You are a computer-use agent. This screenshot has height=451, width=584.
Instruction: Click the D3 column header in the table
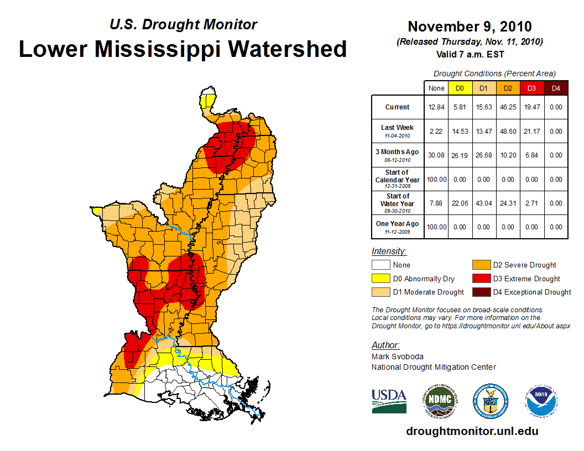(x=531, y=88)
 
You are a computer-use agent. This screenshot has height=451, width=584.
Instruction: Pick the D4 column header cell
(x=556, y=88)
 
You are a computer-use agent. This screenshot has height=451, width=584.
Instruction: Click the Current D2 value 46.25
(x=508, y=107)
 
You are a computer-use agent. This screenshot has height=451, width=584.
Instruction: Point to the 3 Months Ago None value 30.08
(x=436, y=155)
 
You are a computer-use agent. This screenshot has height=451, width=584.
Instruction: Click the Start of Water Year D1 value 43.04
(x=484, y=203)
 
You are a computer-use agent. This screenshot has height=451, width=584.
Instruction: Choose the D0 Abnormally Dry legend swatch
(x=380, y=279)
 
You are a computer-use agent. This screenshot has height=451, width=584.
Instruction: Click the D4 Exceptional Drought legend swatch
(x=480, y=292)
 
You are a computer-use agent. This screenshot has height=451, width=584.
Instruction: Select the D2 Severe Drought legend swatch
(x=480, y=265)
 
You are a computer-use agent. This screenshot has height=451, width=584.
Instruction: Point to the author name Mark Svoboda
(x=398, y=356)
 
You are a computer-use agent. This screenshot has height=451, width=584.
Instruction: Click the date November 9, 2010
(x=470, y=27)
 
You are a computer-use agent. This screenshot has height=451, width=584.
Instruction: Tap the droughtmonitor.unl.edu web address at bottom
(x=472, y=431)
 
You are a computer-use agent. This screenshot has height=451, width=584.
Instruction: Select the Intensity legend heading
(x=389, y=251)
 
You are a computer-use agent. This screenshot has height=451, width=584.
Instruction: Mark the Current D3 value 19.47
(x=531, y=107)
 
